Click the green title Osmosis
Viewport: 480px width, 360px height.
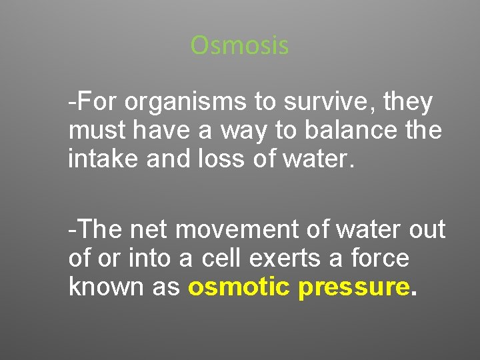point(239,45)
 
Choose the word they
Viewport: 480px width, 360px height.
point(409,103)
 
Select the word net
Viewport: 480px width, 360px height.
point(147,230)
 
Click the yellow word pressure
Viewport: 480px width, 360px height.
point(353,287)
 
